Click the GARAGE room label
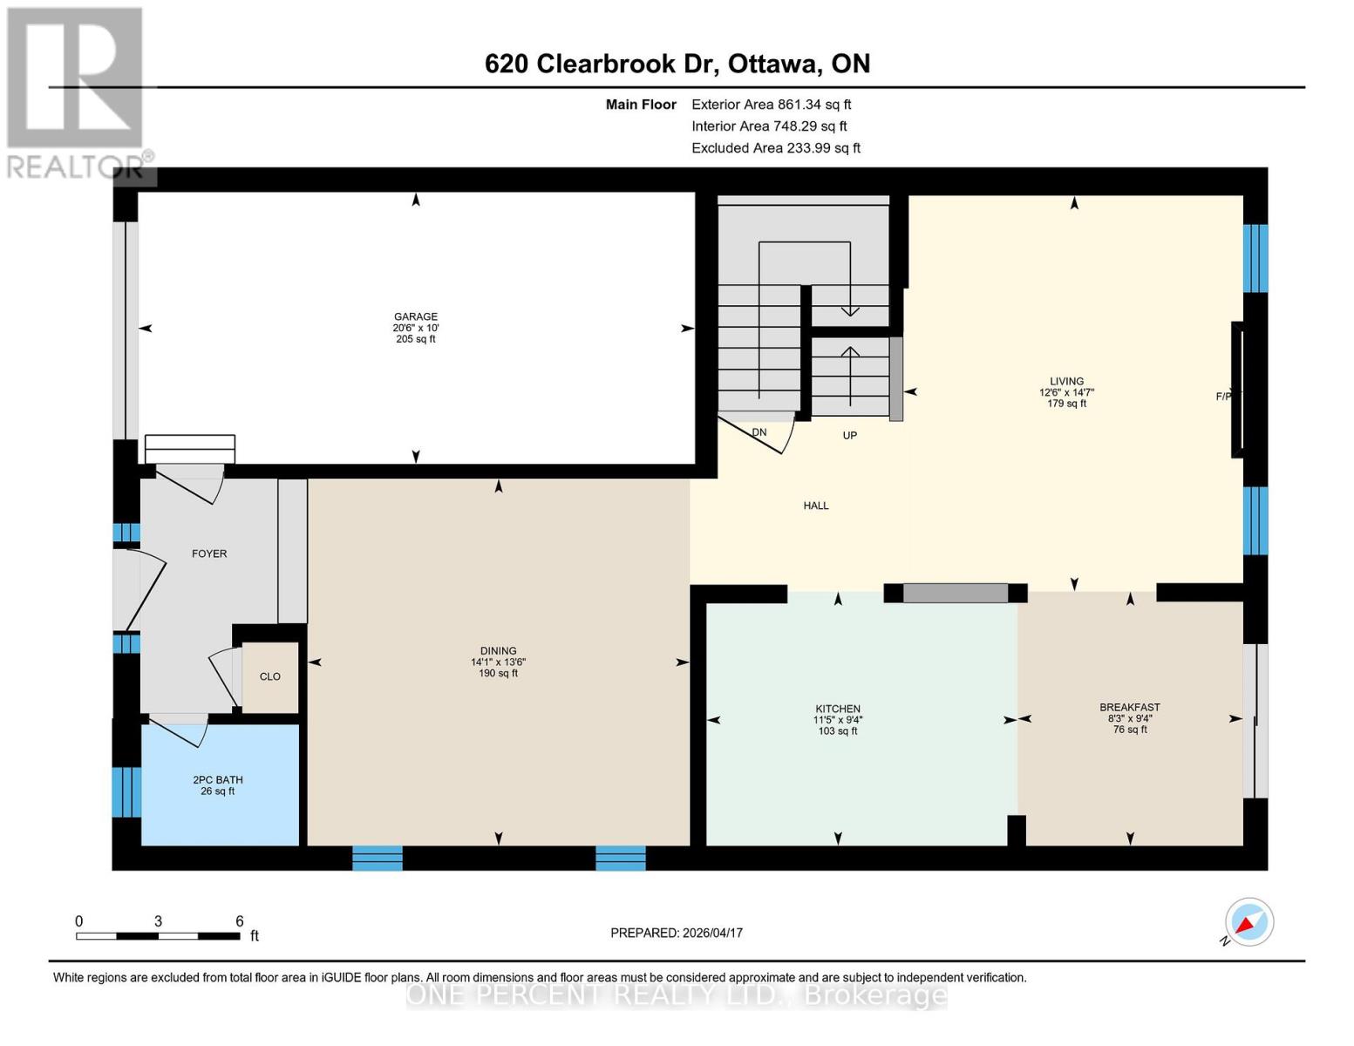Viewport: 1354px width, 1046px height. point(415,317)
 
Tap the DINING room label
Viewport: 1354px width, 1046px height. point(498,651)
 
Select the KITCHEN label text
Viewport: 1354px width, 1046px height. point(837,709)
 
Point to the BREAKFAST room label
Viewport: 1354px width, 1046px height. point(1129,708)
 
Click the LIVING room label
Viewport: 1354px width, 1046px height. point(1066,382)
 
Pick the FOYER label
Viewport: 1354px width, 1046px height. point(209,554)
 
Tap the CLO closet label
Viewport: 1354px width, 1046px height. point(270,676)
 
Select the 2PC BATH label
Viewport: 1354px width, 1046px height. point(218,780)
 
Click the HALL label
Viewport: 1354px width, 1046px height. point(816,506)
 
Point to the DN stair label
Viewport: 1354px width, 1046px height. point(759,432)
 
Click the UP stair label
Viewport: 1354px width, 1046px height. point(849,435)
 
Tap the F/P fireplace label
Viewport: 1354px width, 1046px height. point(1224,397)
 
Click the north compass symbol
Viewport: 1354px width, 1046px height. point(1249,922)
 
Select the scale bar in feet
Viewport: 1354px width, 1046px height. point(159,935)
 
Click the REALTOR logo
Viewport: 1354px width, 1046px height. point(77,92)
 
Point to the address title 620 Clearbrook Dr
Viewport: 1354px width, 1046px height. point(677,64)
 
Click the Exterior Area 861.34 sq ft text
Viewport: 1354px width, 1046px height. point(771,105)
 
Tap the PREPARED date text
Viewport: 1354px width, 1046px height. point(676,933)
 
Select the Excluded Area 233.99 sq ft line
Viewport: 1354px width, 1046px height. point(775,148)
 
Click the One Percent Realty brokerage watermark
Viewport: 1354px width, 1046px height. point(677,995)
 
